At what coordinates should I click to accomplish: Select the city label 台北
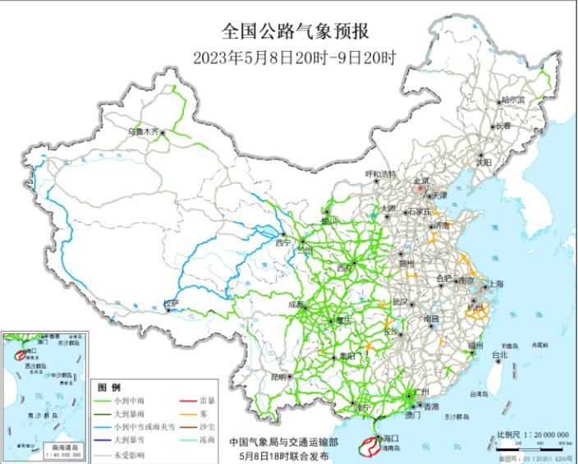point(499,355)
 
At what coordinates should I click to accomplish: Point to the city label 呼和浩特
point(380,174)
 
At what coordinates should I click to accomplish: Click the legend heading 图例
point(109,387)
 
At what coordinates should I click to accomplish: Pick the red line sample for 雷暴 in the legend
point(188,401)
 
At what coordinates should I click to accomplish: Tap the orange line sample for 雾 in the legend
point(188,414)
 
